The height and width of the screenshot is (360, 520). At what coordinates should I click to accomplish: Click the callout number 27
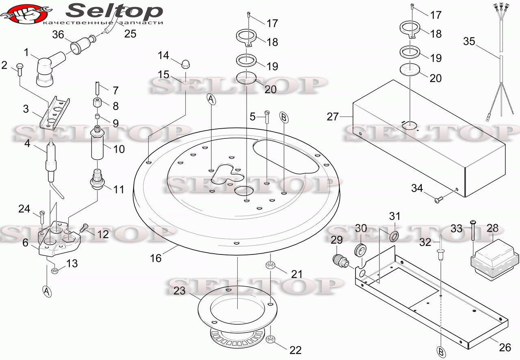[333, 116]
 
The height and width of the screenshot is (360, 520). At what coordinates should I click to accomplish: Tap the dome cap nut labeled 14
[186, 64]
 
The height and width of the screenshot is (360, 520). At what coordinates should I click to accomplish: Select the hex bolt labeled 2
[19, 69]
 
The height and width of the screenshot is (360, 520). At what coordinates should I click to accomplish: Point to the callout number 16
[156, 258]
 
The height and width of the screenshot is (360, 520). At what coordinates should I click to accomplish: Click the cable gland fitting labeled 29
[340, 261]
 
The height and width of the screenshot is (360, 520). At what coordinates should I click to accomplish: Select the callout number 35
[469, 41]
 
